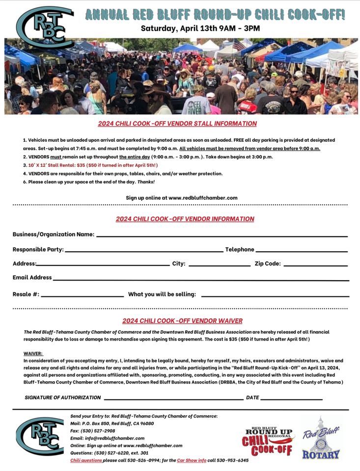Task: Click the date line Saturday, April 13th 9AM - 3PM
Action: click(x=200, y=28)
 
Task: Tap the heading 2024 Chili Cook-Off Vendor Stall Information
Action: click(x=177, y=124)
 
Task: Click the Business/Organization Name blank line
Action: click(x=222, y=236)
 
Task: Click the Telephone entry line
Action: click(x=302, y=251)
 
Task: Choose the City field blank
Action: click(x=219, y=265)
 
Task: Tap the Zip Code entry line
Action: click(x=315, y=265)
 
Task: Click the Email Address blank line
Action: click(x=201, y=280)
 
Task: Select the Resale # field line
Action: click(x=83, y=296)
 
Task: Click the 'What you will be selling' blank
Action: click(x=275, y=296)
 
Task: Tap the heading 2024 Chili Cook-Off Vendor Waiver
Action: click(x=182, y=321)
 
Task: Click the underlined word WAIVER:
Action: click(x=33, y=353)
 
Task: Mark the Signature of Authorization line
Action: click(x=173, y=399)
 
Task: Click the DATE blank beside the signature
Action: click(x=291, y=399)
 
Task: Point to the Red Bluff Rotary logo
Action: click(x=321, y=438)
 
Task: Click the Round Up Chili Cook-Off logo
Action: click(x=268, y=441)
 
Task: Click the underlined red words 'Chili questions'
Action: click(x=86, y=460)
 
